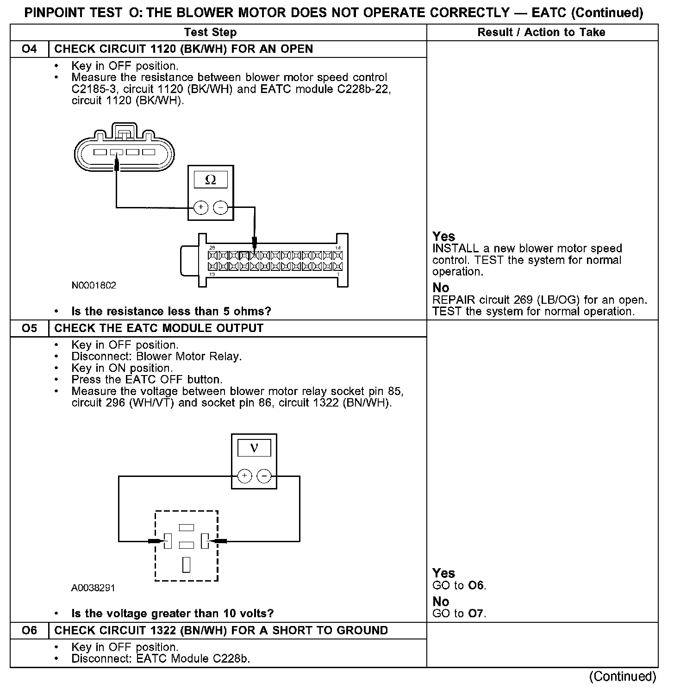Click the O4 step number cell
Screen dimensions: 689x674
(x=29, y=49)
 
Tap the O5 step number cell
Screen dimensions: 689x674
(x=29, y=328)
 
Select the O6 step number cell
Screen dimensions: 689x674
(x=29, y=631)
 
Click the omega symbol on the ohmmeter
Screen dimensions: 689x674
(x=210, y=180)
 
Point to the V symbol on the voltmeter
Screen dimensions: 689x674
(x=254, y=448)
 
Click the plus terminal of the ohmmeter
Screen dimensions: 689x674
(x=200, y=207)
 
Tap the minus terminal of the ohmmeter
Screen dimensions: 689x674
(x=221, y=207)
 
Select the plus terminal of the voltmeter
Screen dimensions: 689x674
(x=244, y=476)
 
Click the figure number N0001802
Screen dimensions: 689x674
(x=94, y=285)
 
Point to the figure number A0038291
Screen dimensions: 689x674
(x=93, y=588)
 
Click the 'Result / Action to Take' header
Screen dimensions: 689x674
(x=541, y=32)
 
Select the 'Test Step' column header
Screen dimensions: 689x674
(x=210, y=32)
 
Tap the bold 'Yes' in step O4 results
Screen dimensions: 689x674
(x=443, y=237)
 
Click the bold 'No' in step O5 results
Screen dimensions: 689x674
(x=441, y=601)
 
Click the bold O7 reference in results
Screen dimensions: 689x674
(x=476, y=614)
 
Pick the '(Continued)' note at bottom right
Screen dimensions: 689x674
(x=622, y=676)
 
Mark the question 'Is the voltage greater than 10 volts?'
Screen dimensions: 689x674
(x=172, y=614)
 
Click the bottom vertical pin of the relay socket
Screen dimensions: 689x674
(x=187, y=564)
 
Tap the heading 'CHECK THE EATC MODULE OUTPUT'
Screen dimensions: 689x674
(x=159, y=328)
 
